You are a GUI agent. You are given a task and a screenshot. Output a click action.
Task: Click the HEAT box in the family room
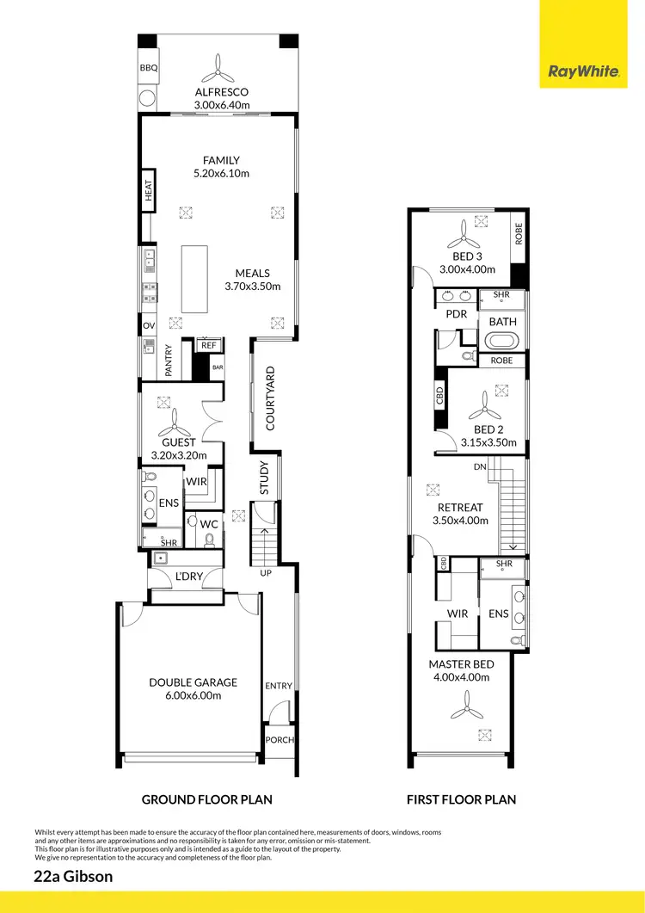(149, 188)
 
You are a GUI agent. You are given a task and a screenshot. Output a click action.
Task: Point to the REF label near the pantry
(208, 345)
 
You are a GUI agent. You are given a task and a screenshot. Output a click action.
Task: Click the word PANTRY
(169, 361)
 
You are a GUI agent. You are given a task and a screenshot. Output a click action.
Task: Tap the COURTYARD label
(270, 398)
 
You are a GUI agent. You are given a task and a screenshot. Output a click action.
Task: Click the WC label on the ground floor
(207, 523)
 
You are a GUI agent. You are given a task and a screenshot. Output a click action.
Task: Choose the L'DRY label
(188, 575)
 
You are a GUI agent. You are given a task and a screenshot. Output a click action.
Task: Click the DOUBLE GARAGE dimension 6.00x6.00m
(193, 695)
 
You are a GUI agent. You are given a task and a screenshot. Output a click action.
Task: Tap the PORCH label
(279, 739)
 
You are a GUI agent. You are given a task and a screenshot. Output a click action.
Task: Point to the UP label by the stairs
(266, 571)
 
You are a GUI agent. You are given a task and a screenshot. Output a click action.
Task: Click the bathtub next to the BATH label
(503, 340)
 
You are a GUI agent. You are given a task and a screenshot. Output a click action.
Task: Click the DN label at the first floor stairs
(481, 467)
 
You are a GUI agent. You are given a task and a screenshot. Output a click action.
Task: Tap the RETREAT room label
(460, 508)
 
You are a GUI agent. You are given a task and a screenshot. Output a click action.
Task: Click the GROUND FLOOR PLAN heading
(206, 799)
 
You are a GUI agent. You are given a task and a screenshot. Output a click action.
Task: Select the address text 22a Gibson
(73, 877)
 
